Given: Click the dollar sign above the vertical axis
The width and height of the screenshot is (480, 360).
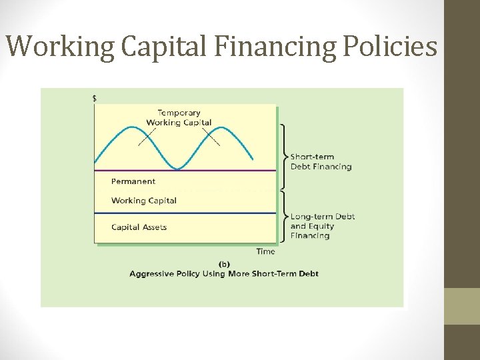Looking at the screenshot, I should (94, 98).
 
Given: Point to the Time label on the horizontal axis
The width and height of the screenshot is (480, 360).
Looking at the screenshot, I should (265, 251).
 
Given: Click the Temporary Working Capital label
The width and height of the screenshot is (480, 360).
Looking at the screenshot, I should (179, 117).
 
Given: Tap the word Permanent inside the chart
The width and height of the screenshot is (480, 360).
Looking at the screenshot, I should (133, 181).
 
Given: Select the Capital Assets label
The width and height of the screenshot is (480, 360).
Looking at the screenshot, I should (139, 227).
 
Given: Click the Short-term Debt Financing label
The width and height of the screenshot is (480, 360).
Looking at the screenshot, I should (321, 162).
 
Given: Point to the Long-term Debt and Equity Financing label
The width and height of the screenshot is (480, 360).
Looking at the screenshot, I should (323, 226).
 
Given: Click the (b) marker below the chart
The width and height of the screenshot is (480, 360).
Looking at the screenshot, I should (224, 263).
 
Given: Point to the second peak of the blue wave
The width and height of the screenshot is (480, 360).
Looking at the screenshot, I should (219, 127).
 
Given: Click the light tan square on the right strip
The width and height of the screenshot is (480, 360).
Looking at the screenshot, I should (461, 306).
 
